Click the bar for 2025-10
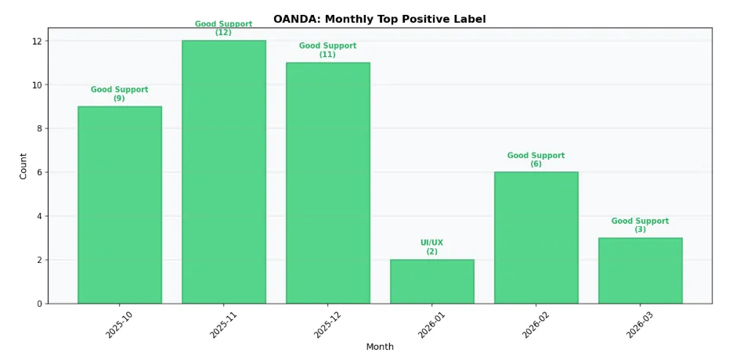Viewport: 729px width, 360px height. coord(120,205)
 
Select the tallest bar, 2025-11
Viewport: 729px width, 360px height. coord(224,172)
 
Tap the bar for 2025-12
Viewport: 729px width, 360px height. coord(328,183)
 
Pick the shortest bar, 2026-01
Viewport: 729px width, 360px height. coord(432,282)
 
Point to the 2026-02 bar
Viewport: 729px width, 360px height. coord(536,238)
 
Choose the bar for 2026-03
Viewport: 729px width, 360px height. coord(641,271)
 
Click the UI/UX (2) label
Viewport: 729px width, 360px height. coord(432,247)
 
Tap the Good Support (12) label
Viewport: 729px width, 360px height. coord(224,28)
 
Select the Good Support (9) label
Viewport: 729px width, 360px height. coord(120,94)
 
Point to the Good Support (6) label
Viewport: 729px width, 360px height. coord(536,160)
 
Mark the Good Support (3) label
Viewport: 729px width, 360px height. coord(641,225)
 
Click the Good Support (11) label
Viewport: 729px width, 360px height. coord(328,50)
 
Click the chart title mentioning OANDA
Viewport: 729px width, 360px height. coord(379,19)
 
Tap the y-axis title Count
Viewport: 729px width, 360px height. coord(23,166)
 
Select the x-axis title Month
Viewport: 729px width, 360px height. coord(380,347)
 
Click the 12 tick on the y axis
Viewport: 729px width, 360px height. coord(38,41)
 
